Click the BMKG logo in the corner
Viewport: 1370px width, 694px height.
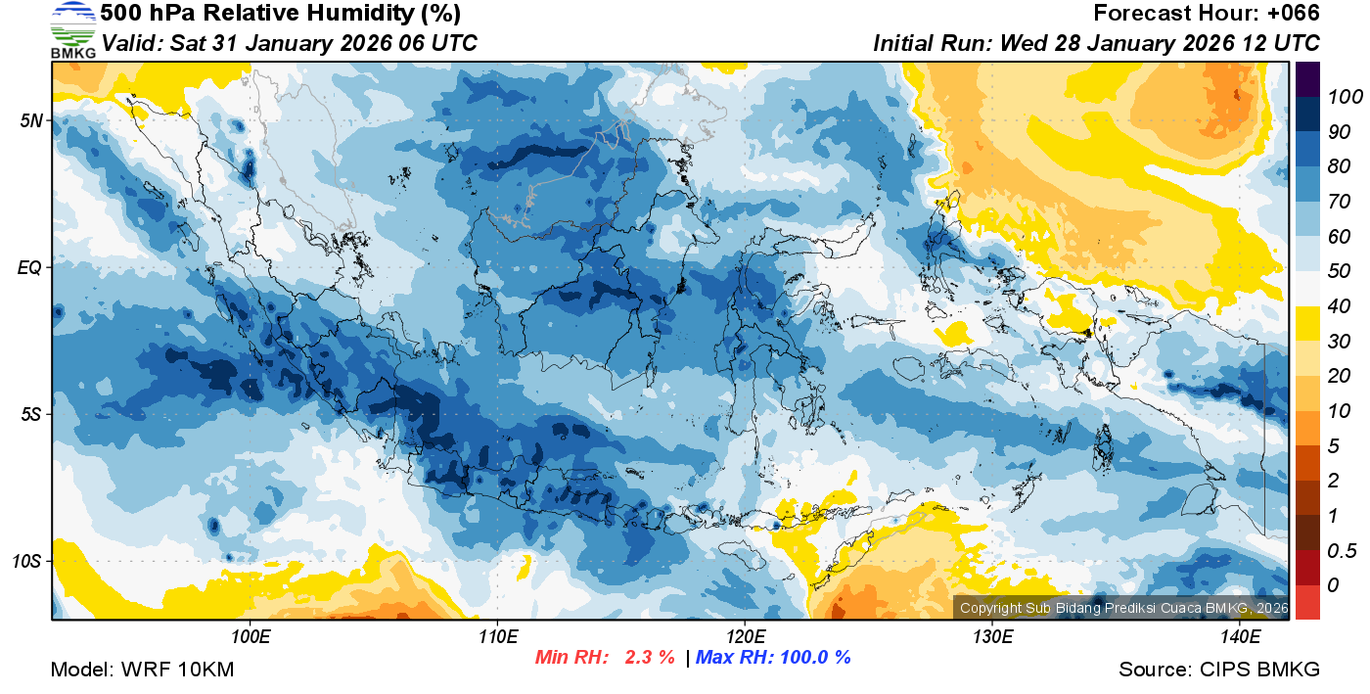[x=72, y=30]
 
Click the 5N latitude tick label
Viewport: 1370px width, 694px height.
[x=30, y=120]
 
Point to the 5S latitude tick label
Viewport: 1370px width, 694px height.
[x=30, y=414]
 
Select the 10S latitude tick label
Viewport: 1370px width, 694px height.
[x=26, y=561]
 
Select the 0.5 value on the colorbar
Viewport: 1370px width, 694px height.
[x=1340, y=550]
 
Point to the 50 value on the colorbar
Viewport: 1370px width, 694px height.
[x=1338, y=271]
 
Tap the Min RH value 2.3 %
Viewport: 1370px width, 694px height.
[x=650, y=657]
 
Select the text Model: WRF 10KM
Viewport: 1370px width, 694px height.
[x=142, y=670]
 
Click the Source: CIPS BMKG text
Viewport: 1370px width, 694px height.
[x=1219, y=670]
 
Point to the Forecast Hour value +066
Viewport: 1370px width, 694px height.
[x=1292, y=14]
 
